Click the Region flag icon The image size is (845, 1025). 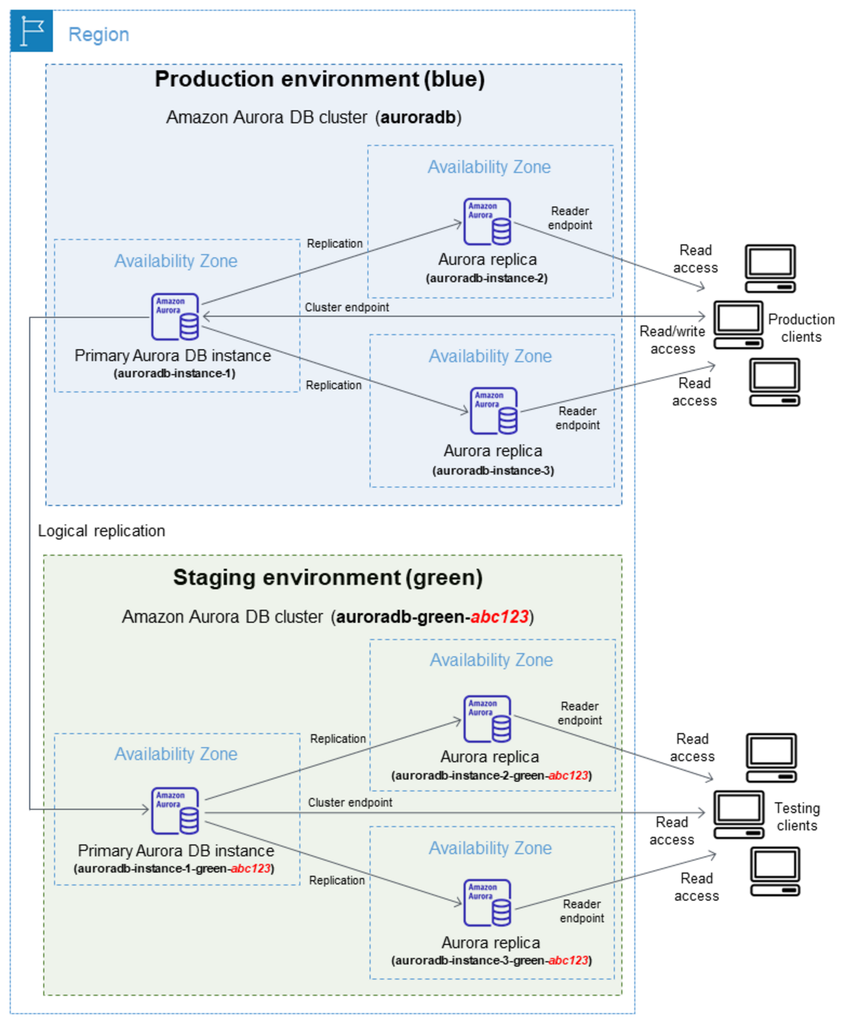click(x=31, y=31)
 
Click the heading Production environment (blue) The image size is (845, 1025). click(x=319, y=79)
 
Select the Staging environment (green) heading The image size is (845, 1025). click(x=328, y=578)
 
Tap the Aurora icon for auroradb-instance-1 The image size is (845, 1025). click(x=175, y=317)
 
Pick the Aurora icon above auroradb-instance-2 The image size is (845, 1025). click(x=487, y=222)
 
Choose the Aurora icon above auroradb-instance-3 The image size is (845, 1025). click(x=493, y=411)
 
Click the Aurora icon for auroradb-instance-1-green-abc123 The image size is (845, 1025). click(x=175, y=811)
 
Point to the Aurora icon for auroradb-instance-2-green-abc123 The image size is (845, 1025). click(x=487, y=719)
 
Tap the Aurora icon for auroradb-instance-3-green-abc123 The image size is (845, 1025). click(x=487, y=903)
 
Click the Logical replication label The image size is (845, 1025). click(x=101, y=531)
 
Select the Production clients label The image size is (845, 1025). click(x=801, y=328)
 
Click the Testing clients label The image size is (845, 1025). click(x=797, y=817)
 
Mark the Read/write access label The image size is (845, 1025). click(x=672, y=340)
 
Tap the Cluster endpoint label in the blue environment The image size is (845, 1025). click(x=346, y=307)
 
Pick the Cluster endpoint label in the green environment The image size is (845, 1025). click(x=350, y=803)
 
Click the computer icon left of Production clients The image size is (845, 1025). click(x=738, y=325)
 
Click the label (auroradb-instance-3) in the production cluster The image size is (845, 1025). click(x=493, y=470)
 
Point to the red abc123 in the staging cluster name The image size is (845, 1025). click(x=499, y=617)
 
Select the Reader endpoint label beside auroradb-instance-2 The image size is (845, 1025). click(x=570, y=218)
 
